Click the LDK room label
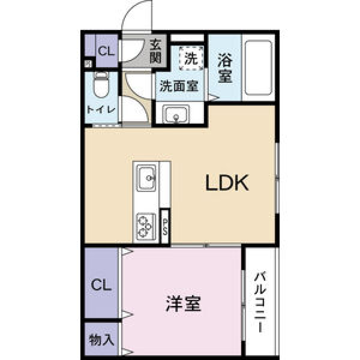227,184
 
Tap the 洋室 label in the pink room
184,304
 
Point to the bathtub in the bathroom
257,68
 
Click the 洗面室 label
179,87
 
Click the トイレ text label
100,109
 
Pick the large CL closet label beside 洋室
101,286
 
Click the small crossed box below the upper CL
88,64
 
